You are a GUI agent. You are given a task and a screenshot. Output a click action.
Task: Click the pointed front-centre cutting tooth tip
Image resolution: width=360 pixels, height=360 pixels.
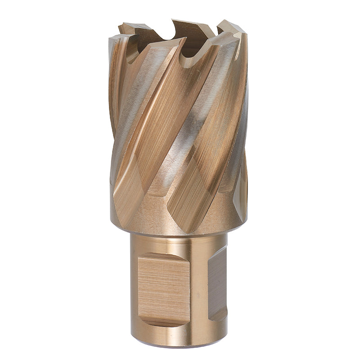pos(184,40)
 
